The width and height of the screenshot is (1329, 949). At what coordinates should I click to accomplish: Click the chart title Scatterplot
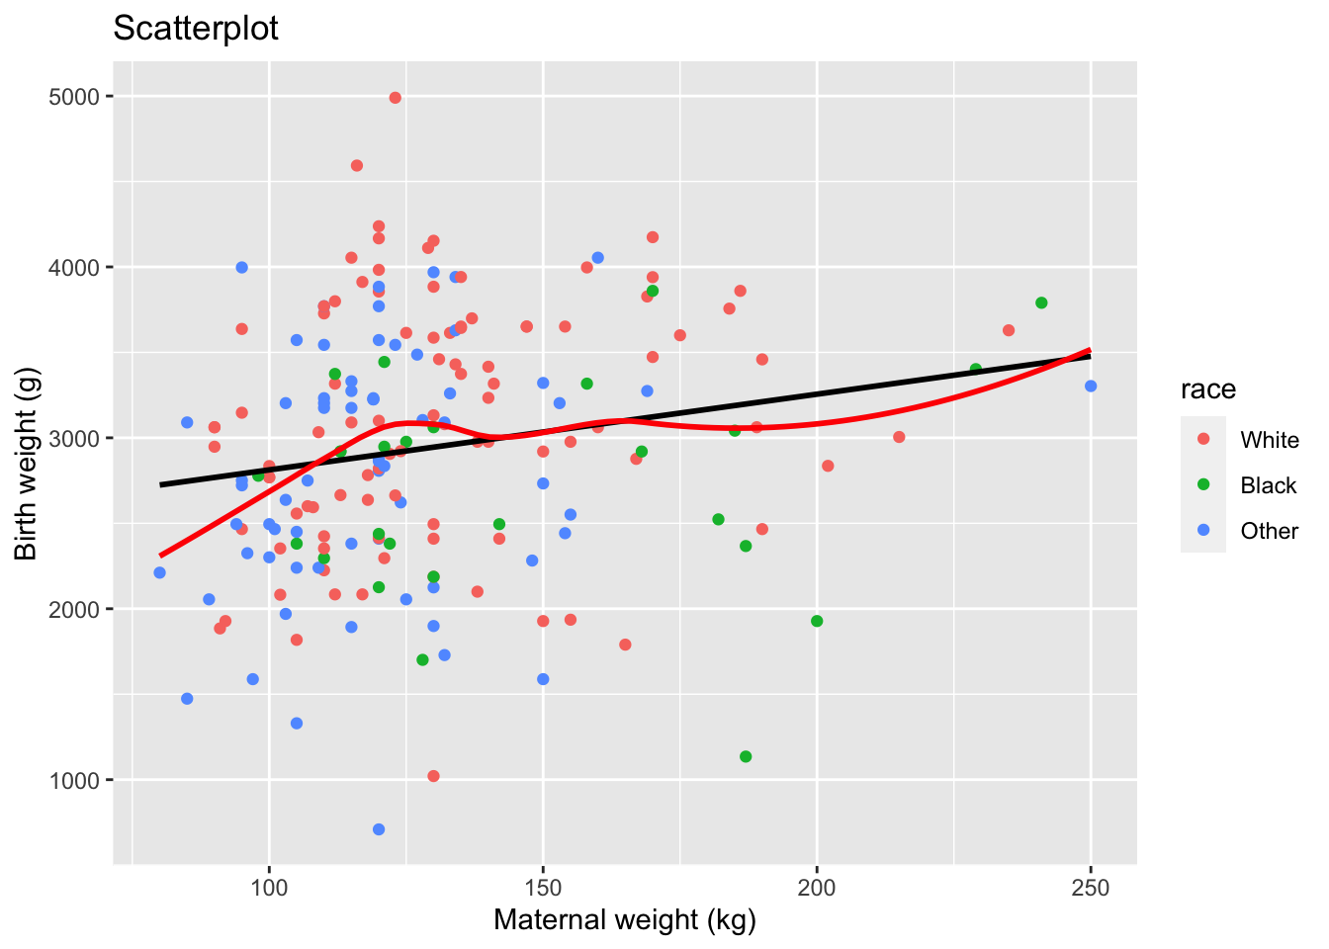pyautogui.click(x=196, y=29)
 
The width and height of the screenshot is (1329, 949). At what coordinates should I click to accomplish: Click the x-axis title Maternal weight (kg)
pyautogui.click(x=624, y=920)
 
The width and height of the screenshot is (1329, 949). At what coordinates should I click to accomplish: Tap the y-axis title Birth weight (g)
pyautogui.click(x=27, y=463)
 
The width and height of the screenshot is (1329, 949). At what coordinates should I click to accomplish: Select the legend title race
pyautogui.click(x=1207, y=389)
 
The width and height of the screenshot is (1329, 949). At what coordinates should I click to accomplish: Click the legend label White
pyautogui.click(x=1270, y=440)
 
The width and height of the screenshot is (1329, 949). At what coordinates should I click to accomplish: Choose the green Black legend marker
pyautogui.click(x=1203, y=485)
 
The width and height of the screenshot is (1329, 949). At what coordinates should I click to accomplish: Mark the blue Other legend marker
pyautogui.click(x=1203, y=531)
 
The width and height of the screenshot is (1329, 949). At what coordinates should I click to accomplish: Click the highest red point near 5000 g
pyautogui.click(x=395, y=98)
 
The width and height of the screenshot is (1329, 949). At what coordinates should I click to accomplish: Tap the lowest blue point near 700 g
pyautogui.click(x=379, y=829)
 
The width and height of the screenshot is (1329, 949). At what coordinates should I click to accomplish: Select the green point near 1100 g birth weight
pyautogui.click(x=746, y=756)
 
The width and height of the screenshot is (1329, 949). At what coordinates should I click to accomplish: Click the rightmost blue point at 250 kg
pyautogui.click(x=1091, y=387)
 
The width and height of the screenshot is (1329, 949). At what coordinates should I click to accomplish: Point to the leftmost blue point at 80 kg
pyautogui.click(x=160, y=572)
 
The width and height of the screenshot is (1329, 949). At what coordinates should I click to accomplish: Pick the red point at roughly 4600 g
pyautogui.click(x=357, y=166)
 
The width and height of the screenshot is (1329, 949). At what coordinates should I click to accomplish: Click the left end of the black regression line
pyautogui.click(x=161, y=484)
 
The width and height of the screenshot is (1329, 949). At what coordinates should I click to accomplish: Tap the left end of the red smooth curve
pyautogui.click(x=161, y=555)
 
